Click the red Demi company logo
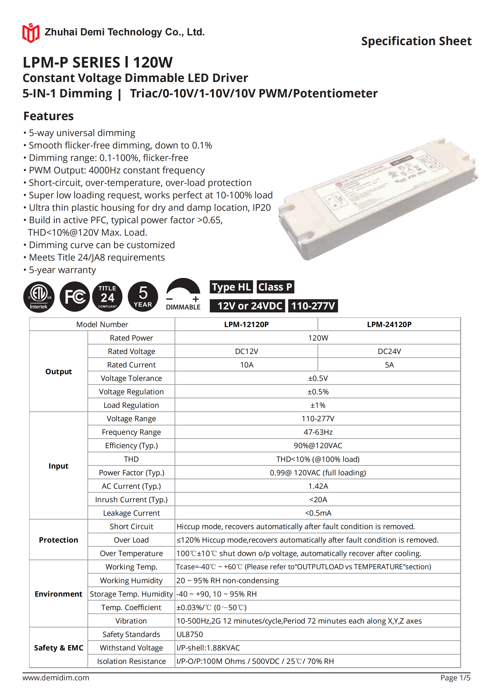click(x=31, y=33)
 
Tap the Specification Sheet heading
click(x=416, y=41)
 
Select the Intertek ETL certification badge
click(x=39, y=297)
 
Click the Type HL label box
click(x=231, y=287)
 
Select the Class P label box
click(x=275, y=287)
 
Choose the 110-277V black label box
click(x=313, y=306)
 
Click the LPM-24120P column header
click(x=389, y=325)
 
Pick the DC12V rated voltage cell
click(x=247, y=351)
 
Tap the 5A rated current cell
click(x=389, y=365)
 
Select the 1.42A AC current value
click(x=318, y=486)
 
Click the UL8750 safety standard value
click(x=190, y=634)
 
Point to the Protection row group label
click(x=59, y=540)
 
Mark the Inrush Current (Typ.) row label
click(x=131, y=500)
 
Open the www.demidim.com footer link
click(x=56, y=678)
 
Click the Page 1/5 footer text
click(x=455, y=678)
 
